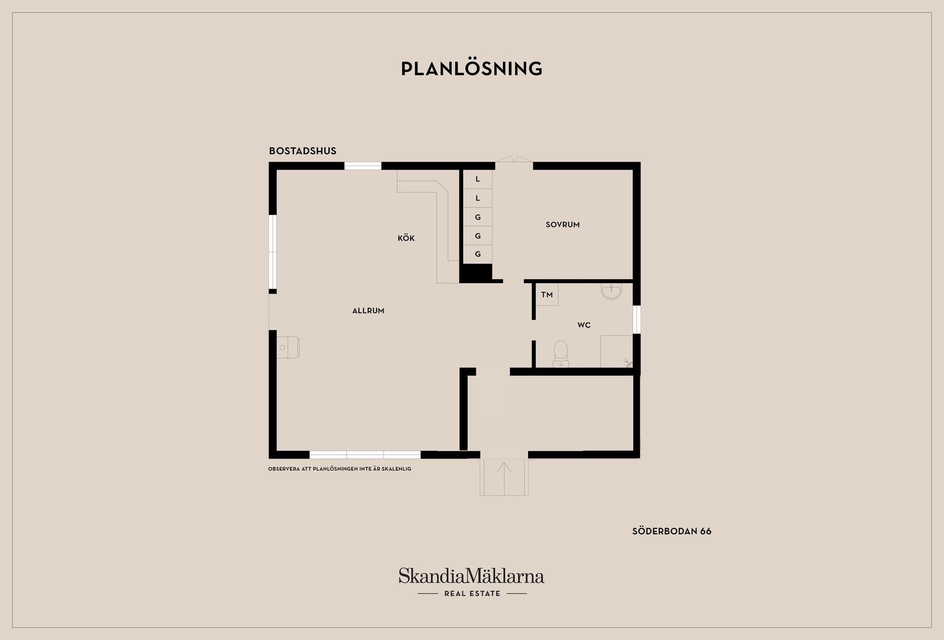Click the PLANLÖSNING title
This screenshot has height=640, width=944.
click(x=472, y=68)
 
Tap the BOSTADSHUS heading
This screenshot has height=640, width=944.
click(x=302, y=151)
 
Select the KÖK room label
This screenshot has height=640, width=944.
click(x=406, y=238)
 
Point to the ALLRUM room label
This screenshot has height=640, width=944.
click(x=368, y=311)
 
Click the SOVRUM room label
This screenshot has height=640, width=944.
click(x=562, y=225)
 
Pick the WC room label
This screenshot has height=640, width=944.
click(x=584, y=325)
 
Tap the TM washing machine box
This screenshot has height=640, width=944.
click(x=547, y=294)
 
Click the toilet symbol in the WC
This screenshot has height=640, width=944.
click(x=560, y=354)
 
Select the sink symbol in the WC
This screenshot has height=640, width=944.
click(x=611, y=291)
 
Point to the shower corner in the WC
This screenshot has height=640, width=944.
click(x=617, y=351)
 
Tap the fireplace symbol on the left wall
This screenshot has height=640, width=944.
click(x=288, y=348)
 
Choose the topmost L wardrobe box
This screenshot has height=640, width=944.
click(x=477, y=179)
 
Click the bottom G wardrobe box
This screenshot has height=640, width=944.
click(x=477, y=254)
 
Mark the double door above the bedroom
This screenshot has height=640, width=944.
click(x=514, y=159)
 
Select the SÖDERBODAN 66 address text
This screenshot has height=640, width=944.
click(x=672, y=531)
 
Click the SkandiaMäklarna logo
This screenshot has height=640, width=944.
click(x=472, y=576)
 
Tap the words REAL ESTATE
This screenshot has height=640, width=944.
click(x=472, y=593)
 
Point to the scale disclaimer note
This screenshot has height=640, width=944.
click(x=340, y=469)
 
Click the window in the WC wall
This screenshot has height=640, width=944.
click(x=636, y=320)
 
